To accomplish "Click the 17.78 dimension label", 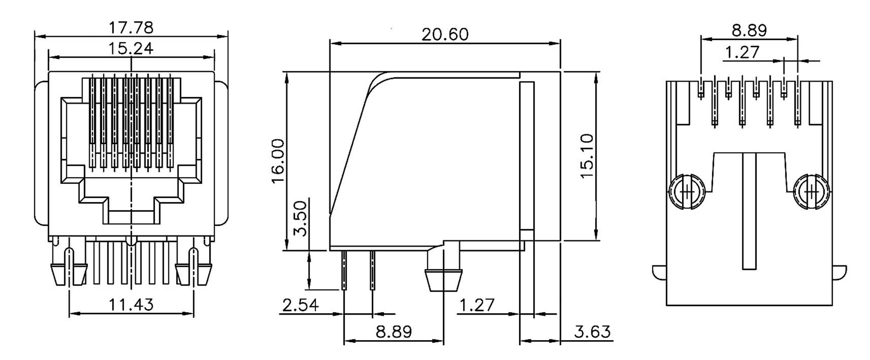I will point(131,28).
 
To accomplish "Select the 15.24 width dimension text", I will point(131,49).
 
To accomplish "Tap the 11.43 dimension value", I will point(131,305).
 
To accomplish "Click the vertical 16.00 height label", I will point(278,161).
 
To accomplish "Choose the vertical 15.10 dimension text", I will point(587,156).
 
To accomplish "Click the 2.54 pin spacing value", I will point(300,305).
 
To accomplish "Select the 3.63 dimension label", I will point(592,332).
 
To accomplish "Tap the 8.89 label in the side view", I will point(394,332).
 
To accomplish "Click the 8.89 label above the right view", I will point(749,31).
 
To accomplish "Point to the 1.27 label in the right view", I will point(742,52).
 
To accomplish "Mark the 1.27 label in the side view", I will point(477,305).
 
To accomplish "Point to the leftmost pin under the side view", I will point(344,270).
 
